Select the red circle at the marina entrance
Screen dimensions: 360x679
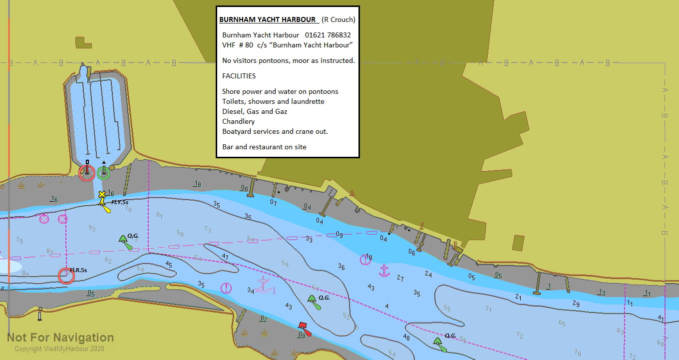(x=87, y=173)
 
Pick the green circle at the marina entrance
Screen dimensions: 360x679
(x=103, y=173)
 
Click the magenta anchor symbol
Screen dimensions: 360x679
(x=384, y=271)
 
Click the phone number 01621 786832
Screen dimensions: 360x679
(x=328, y=35)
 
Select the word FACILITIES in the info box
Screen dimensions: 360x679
(x=239, y=76)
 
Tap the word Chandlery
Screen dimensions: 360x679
(x=238, y=121)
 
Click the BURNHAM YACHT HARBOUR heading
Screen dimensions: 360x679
(x=268, y=20)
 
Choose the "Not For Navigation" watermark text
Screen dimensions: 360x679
(x=60, y=338)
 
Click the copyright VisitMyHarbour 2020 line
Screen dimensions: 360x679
(x=59, y=349)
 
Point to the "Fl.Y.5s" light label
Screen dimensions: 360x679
(x=120, y=202)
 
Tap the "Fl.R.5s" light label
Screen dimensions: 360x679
(x=78, y=270)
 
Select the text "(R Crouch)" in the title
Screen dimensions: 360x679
(x=339, y=20)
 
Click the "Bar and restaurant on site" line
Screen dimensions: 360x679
(x=264, y=147)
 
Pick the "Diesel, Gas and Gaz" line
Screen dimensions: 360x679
(x=255, y=111)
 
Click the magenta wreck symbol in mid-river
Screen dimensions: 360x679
(x=263, y=286)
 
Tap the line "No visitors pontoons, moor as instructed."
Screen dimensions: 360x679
(x=288, y=61)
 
